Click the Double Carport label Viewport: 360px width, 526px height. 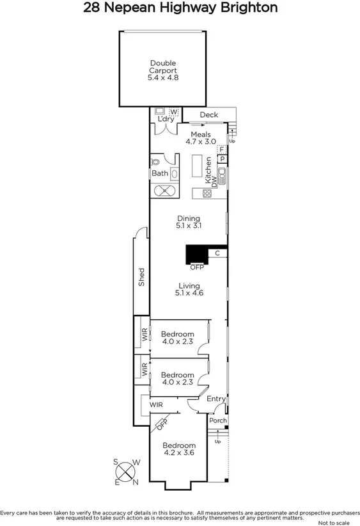click(163, 70)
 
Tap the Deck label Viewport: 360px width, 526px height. click(208, 115)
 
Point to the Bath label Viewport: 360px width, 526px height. click(159, 173)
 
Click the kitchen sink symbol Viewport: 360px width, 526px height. click(221, 172)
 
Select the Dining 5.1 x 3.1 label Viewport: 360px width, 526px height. click(189, 222)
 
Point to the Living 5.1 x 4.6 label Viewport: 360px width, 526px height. click(189, 289)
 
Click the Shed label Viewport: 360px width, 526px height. click(142, 276)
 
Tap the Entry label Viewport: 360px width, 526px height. click(215, 399)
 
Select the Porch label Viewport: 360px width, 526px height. click(217, 420)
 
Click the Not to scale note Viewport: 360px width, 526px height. click(334, 522)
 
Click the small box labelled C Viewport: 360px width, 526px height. click(217, 253)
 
